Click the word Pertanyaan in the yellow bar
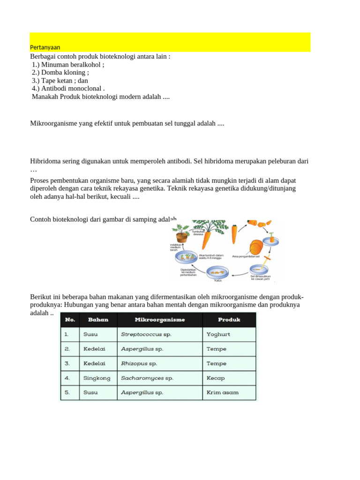click(x=45, y=47)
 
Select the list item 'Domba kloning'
click(x=63, y=73)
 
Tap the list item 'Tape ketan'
click(x=60, y=81)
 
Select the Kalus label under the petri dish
click(x=217, y=280)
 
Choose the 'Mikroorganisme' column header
click(x=160, y=320)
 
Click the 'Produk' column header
click(x=229, y=320)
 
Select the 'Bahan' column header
click(x=98, y=320)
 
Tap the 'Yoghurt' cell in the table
click(x=218, y=335)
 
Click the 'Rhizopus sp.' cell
click(x=139, y=363)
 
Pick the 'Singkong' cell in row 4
click(x=97, y=378)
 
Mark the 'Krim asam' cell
click(x=222, y=392)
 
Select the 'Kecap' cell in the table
click(x=216, y=378)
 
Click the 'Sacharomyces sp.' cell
click(x=147, y=378)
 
